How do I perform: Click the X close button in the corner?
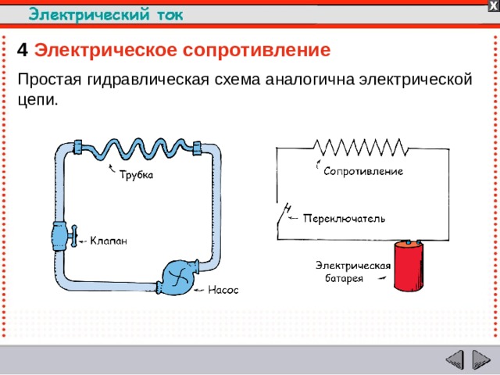coord(493,5)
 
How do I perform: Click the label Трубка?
coord(136,175)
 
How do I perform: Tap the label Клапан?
coord(109,240)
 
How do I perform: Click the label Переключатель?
coord(344,219)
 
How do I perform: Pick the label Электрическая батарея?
coord(353,271)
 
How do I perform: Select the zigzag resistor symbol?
coord(359,147)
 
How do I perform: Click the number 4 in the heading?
coord(23,51)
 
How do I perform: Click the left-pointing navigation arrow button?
coord(454,360)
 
